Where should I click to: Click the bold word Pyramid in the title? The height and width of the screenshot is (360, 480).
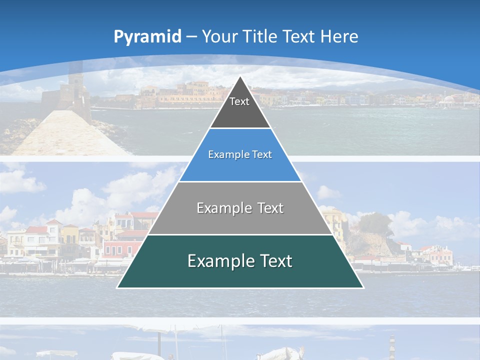(147, 37)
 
